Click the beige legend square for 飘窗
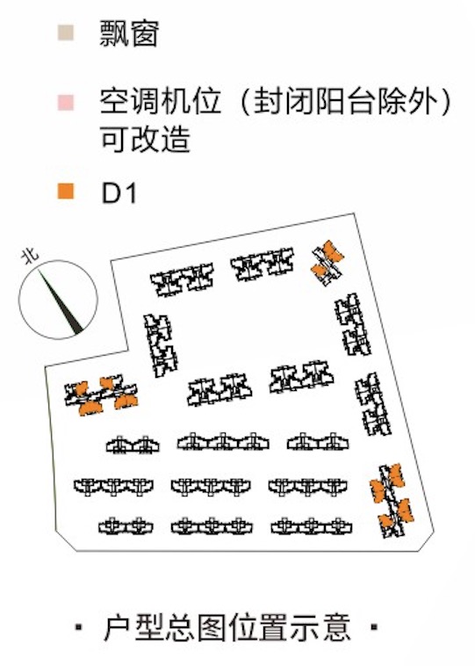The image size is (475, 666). pyautogui.click(x=66, y=33)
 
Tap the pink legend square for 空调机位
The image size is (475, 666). pyautogui.click(x=66, y=103)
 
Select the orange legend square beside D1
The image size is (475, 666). pyautogui.click(x=66, y=192)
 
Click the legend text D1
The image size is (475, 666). pyautogui.click(x=119, y=193)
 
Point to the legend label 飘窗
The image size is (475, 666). pyautogui.click(x=129, y=33)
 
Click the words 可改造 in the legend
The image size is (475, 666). pyautogui.click(x=145, y=140)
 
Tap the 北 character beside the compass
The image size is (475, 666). pyautogui.click(x=30, y=256)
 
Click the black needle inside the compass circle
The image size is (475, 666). pyautogui.click(x=61, y=300)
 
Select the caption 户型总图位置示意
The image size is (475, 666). pyautogui.click(x=227, y=627)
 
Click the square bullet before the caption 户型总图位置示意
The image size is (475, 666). pyautogui.click(x=78, y=626)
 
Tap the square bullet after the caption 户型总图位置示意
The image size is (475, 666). pyautogui.click(x=374, y=626)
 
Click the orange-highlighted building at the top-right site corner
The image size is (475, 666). pyautogui.click(x=327, y=263)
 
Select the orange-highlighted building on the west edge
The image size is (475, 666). pyautogui.click(x=101, y=395)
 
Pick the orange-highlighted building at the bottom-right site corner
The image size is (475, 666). pyautogui.click(x=392, y=500)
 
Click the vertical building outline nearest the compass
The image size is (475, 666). pyautogui.click(x=161, y=345)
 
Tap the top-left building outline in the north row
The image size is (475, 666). pyautogui.click(x=182, y=279)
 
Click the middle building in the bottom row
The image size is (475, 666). pyautogui.click(x=212, y=526)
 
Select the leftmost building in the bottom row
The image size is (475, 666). pyautogui.click(x=126, y=526)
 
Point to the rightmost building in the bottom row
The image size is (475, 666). pyautogui.click(x=312, y=526)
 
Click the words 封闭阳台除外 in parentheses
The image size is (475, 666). pyautogui.click(x=346, y=103)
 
